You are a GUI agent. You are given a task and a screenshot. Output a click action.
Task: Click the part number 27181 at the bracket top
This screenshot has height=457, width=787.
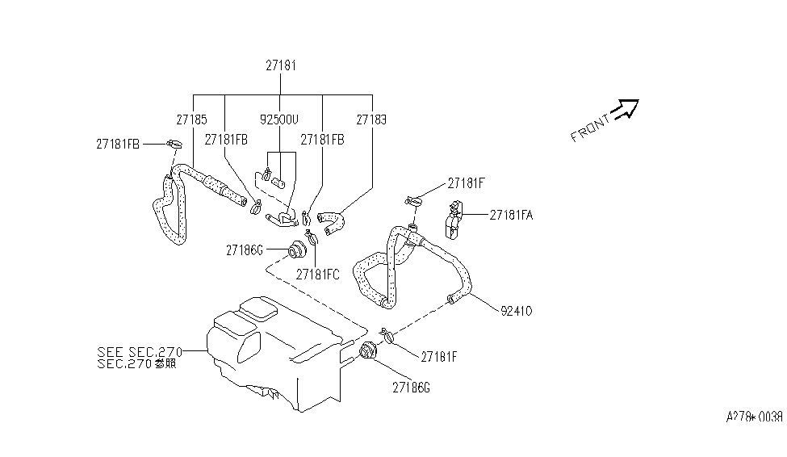(x=281, y=65)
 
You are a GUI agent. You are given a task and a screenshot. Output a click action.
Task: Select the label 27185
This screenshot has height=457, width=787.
(x=192, y=119)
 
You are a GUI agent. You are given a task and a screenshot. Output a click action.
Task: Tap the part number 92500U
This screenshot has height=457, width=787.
(x=279, y=119)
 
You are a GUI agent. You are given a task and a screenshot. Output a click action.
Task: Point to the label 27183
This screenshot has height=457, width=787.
(x=371, y=119)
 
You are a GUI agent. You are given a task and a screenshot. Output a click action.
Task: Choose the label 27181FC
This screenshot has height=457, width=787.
(x=317, y=274)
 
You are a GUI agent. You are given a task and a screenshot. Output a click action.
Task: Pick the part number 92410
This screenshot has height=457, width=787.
(x=517, y=309)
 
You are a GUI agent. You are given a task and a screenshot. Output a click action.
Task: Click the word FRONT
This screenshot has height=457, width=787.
(x=590, y=128)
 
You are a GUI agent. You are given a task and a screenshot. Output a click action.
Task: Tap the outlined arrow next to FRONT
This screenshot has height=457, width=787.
(x=626, y=108)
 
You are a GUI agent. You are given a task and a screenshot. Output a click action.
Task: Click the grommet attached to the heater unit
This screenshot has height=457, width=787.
(x=370, y=353)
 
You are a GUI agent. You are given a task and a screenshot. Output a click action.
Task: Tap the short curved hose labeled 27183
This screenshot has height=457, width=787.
(x=333, y=218)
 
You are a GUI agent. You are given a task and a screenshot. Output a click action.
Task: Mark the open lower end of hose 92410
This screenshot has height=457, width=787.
(x=451, y=301)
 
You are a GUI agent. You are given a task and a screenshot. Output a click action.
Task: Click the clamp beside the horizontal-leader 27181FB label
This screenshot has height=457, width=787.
(x=172, y=145)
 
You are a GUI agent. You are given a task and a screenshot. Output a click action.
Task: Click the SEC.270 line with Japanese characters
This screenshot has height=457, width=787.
(x=136, y=363)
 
